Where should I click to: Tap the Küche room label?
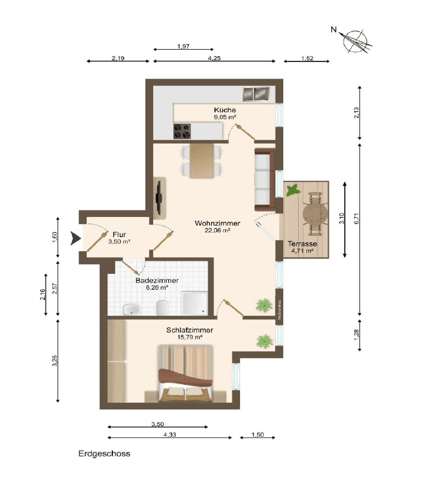coord(225,110)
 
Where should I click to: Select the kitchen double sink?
coord(256,93)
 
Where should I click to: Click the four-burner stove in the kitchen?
coord(182,131)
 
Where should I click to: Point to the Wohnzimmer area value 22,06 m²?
coord(218,231)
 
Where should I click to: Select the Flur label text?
coord(119,234)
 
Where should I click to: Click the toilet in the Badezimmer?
coord(163,307)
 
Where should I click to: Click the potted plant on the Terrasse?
coord(292,190)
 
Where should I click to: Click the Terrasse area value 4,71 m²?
coord(302,251)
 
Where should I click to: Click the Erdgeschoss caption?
coord(104,454)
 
